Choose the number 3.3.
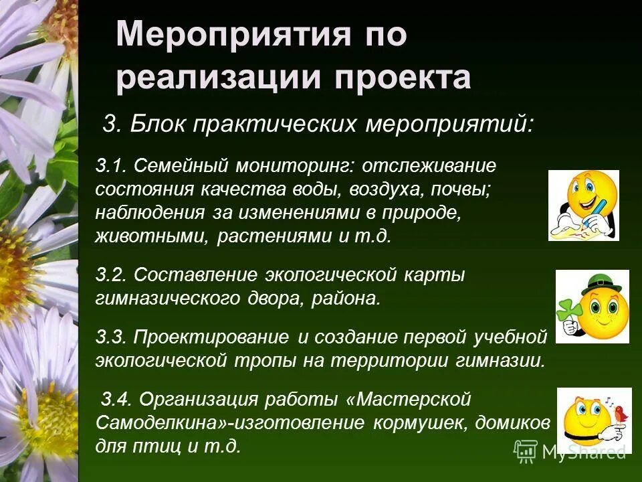click(112, 335)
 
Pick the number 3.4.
click(116, 400)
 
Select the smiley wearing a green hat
click(593, 307)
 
